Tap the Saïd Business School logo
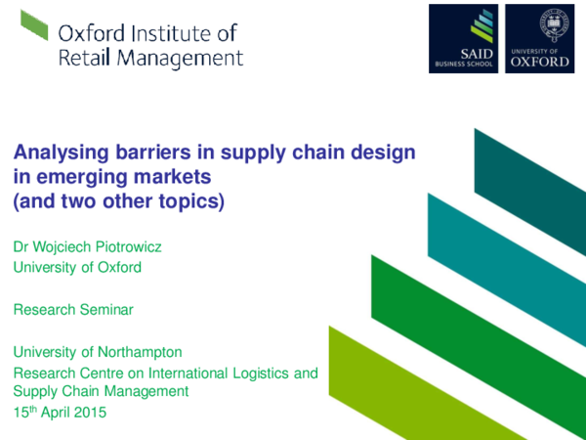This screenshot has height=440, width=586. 463,38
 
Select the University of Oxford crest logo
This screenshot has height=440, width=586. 538,38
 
